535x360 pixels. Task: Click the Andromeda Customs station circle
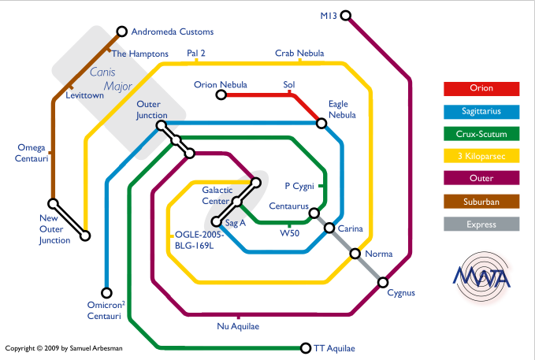click(122, 32)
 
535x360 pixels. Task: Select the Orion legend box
click(481, 89)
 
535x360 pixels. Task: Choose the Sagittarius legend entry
click(481, 111)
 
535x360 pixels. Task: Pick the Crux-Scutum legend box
click(481, 134)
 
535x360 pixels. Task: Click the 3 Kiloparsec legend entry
click(481, 156)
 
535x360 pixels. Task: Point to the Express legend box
click(481, 225)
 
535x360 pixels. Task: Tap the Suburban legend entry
click(481, 202)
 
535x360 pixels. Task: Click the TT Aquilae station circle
click(306, 347)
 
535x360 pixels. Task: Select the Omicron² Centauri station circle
click(107, 293)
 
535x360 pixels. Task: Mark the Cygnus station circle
click(383, 282)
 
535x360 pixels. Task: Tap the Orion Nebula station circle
click(221, 95)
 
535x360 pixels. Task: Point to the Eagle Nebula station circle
click(321, 123)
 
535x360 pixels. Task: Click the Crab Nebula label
click(299, 54)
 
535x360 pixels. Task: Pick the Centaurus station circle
click(314, 213)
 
